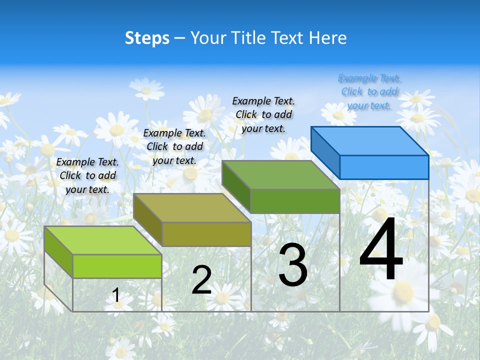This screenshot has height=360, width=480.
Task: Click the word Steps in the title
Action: coord(147,38)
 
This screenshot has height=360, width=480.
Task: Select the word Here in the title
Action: coord(327,38)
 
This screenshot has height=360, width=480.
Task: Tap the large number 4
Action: coord(381,250)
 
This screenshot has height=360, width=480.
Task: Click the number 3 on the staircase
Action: coord(293,265)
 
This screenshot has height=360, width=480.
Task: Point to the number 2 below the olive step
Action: coord(201,280)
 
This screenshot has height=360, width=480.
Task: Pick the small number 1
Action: coord(116,295)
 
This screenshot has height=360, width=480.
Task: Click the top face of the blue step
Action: coord(370,140)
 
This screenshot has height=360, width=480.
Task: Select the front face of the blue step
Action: coord(384,167)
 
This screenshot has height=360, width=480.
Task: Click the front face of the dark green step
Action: coord(295,201)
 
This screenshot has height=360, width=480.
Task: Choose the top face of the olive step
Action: coord(192,208)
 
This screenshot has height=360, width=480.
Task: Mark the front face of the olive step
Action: coord(206,234)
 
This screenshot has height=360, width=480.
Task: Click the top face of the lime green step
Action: coord(103,240)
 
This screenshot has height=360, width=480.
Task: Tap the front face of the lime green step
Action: coord(117,266)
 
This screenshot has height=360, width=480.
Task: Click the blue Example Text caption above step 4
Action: coord(369,91)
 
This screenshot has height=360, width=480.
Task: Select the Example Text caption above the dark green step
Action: coord(263,114)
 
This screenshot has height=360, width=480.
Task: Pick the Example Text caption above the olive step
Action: coord(174,146)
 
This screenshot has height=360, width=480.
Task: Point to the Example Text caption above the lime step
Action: coord(87,175)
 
